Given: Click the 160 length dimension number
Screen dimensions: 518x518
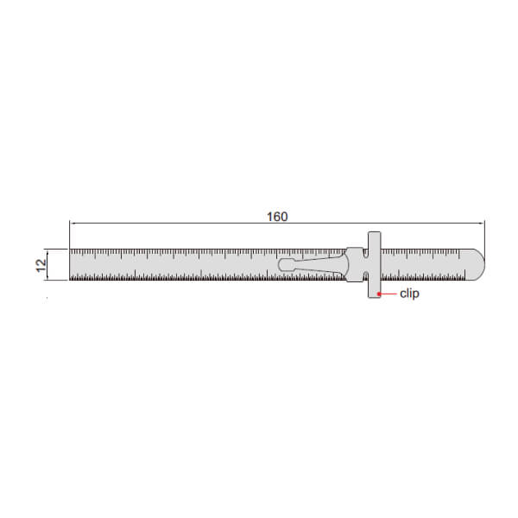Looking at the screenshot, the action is point(277,217).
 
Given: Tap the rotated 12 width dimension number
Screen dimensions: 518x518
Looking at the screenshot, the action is point(41,265).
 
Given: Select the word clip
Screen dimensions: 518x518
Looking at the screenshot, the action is point(409,294).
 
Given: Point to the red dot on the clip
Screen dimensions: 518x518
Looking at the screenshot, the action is point(379,294).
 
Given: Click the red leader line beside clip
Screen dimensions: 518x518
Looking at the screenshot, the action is point(388,294).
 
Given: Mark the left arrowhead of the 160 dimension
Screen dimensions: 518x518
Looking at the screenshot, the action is point(73,224).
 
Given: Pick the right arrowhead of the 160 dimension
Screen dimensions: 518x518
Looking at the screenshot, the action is point(482,224).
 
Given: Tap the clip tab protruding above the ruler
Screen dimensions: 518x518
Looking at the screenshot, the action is point(374,240).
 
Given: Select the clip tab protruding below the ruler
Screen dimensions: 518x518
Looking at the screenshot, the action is point(374,289).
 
